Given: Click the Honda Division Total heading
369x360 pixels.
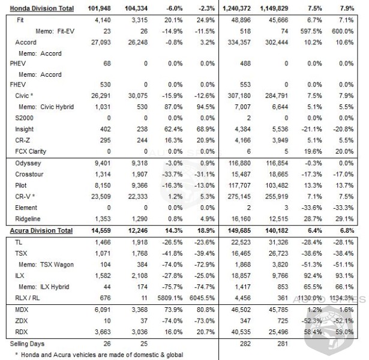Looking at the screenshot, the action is point(41,8).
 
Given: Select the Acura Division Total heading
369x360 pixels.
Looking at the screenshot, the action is point(41,230).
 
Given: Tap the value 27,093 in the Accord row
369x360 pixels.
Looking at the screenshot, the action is point(101,43).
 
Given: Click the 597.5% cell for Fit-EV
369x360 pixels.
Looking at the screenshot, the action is point(311,31).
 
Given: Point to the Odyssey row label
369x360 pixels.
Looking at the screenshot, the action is point(28,163).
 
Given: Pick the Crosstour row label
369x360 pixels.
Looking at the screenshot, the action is point(29,175).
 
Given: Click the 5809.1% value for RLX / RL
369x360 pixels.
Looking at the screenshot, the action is point(170,298).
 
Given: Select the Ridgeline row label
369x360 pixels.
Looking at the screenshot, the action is point(28,219).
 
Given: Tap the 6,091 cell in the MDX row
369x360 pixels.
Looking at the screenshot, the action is point(103,310).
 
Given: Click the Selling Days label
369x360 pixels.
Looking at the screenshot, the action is point(27,344).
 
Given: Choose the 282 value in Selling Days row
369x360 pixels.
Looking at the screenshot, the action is point(245,344).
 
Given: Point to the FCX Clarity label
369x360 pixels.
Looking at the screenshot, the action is point(31,152).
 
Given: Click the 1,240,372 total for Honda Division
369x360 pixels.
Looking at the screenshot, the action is point(236,9).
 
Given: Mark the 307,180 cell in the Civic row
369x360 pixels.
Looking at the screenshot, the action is point(239,96).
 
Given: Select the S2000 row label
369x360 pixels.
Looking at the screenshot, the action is point(24,118).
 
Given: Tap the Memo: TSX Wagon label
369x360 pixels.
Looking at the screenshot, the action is point(46,265).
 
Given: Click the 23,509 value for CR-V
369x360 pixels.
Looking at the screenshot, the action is point(101,197).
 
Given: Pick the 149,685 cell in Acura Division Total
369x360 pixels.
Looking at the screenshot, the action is point(239,230).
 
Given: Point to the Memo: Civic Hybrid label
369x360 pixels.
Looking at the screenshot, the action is point(46,107).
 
